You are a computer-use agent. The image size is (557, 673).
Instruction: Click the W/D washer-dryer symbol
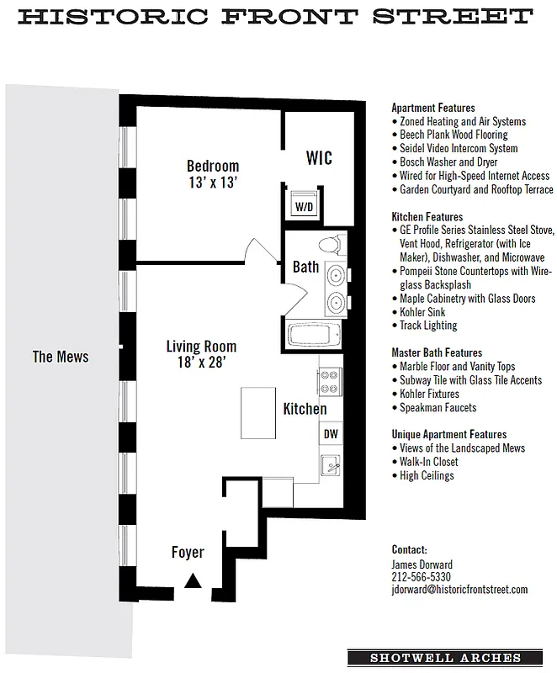[302, 205]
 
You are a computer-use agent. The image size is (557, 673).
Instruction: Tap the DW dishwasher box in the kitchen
[331, 434]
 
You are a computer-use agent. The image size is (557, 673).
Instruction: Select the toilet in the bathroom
[329, 245]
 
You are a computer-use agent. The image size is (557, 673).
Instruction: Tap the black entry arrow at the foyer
[194, 579]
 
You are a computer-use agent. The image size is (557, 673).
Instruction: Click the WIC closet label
[319, 158]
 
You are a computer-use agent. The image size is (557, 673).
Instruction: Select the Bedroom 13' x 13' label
[213, 173]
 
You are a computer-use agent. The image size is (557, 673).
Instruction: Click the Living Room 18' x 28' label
[201, 354]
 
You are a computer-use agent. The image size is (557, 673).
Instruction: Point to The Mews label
[61, 357]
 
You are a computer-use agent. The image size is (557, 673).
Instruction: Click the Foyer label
[188, 553]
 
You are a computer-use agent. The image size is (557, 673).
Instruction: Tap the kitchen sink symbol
[331, 464]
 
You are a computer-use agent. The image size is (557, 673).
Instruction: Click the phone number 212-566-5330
[422, 577]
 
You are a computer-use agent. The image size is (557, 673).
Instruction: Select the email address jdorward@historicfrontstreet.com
[459, 591]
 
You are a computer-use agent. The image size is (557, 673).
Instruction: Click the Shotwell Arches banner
[446, 658]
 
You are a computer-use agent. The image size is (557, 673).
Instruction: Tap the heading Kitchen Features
[427, 216]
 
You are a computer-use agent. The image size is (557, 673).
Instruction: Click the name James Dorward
[423, 564]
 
